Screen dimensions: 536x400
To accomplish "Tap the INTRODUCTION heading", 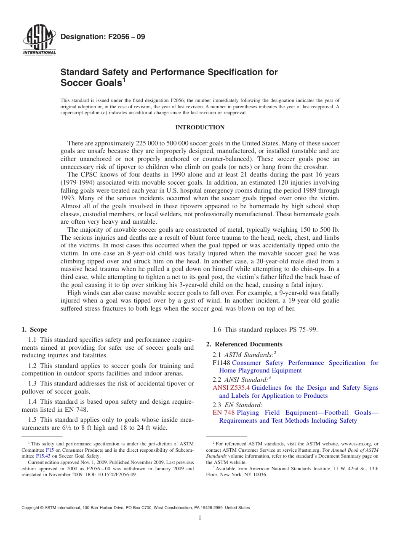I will [200, 128].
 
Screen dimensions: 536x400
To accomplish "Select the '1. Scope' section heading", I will [34, 330].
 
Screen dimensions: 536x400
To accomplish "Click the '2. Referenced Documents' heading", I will [244, 344].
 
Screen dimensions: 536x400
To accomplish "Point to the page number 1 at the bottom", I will [200, 518].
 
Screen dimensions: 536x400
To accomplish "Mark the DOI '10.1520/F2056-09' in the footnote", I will [119, 474].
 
